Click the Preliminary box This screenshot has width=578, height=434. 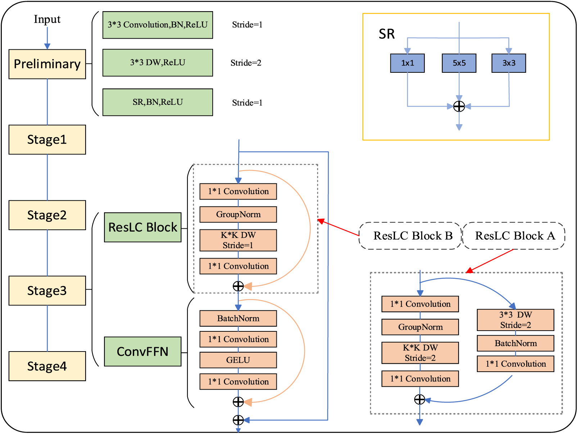tap(47, 64)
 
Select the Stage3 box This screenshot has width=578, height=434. tap(47, 291)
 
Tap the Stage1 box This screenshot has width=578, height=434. tap(47, 140)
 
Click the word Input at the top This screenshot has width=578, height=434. tap(47, 19)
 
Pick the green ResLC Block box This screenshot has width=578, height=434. tap(143, 227)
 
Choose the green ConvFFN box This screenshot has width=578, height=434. tap(143, 352)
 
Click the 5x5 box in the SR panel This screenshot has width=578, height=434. tap(459, 63)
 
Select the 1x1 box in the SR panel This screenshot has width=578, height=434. tap(407, 63)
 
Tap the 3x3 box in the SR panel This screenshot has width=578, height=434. tap(509, 63)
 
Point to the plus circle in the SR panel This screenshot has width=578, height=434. tap(459, 106)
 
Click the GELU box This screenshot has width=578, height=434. tap(238, 360)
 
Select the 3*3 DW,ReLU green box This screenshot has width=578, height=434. tap(158, 63)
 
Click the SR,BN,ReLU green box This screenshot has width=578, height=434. tap(158, 102)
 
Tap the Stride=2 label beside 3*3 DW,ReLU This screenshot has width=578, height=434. tap(246, 63)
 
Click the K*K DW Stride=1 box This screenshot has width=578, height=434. tap(238, 240)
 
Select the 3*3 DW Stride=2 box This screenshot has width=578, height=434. tap(515, 320)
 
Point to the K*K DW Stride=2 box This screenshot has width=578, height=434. tap(420, 353)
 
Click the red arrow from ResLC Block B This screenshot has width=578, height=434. tap(338, 227)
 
